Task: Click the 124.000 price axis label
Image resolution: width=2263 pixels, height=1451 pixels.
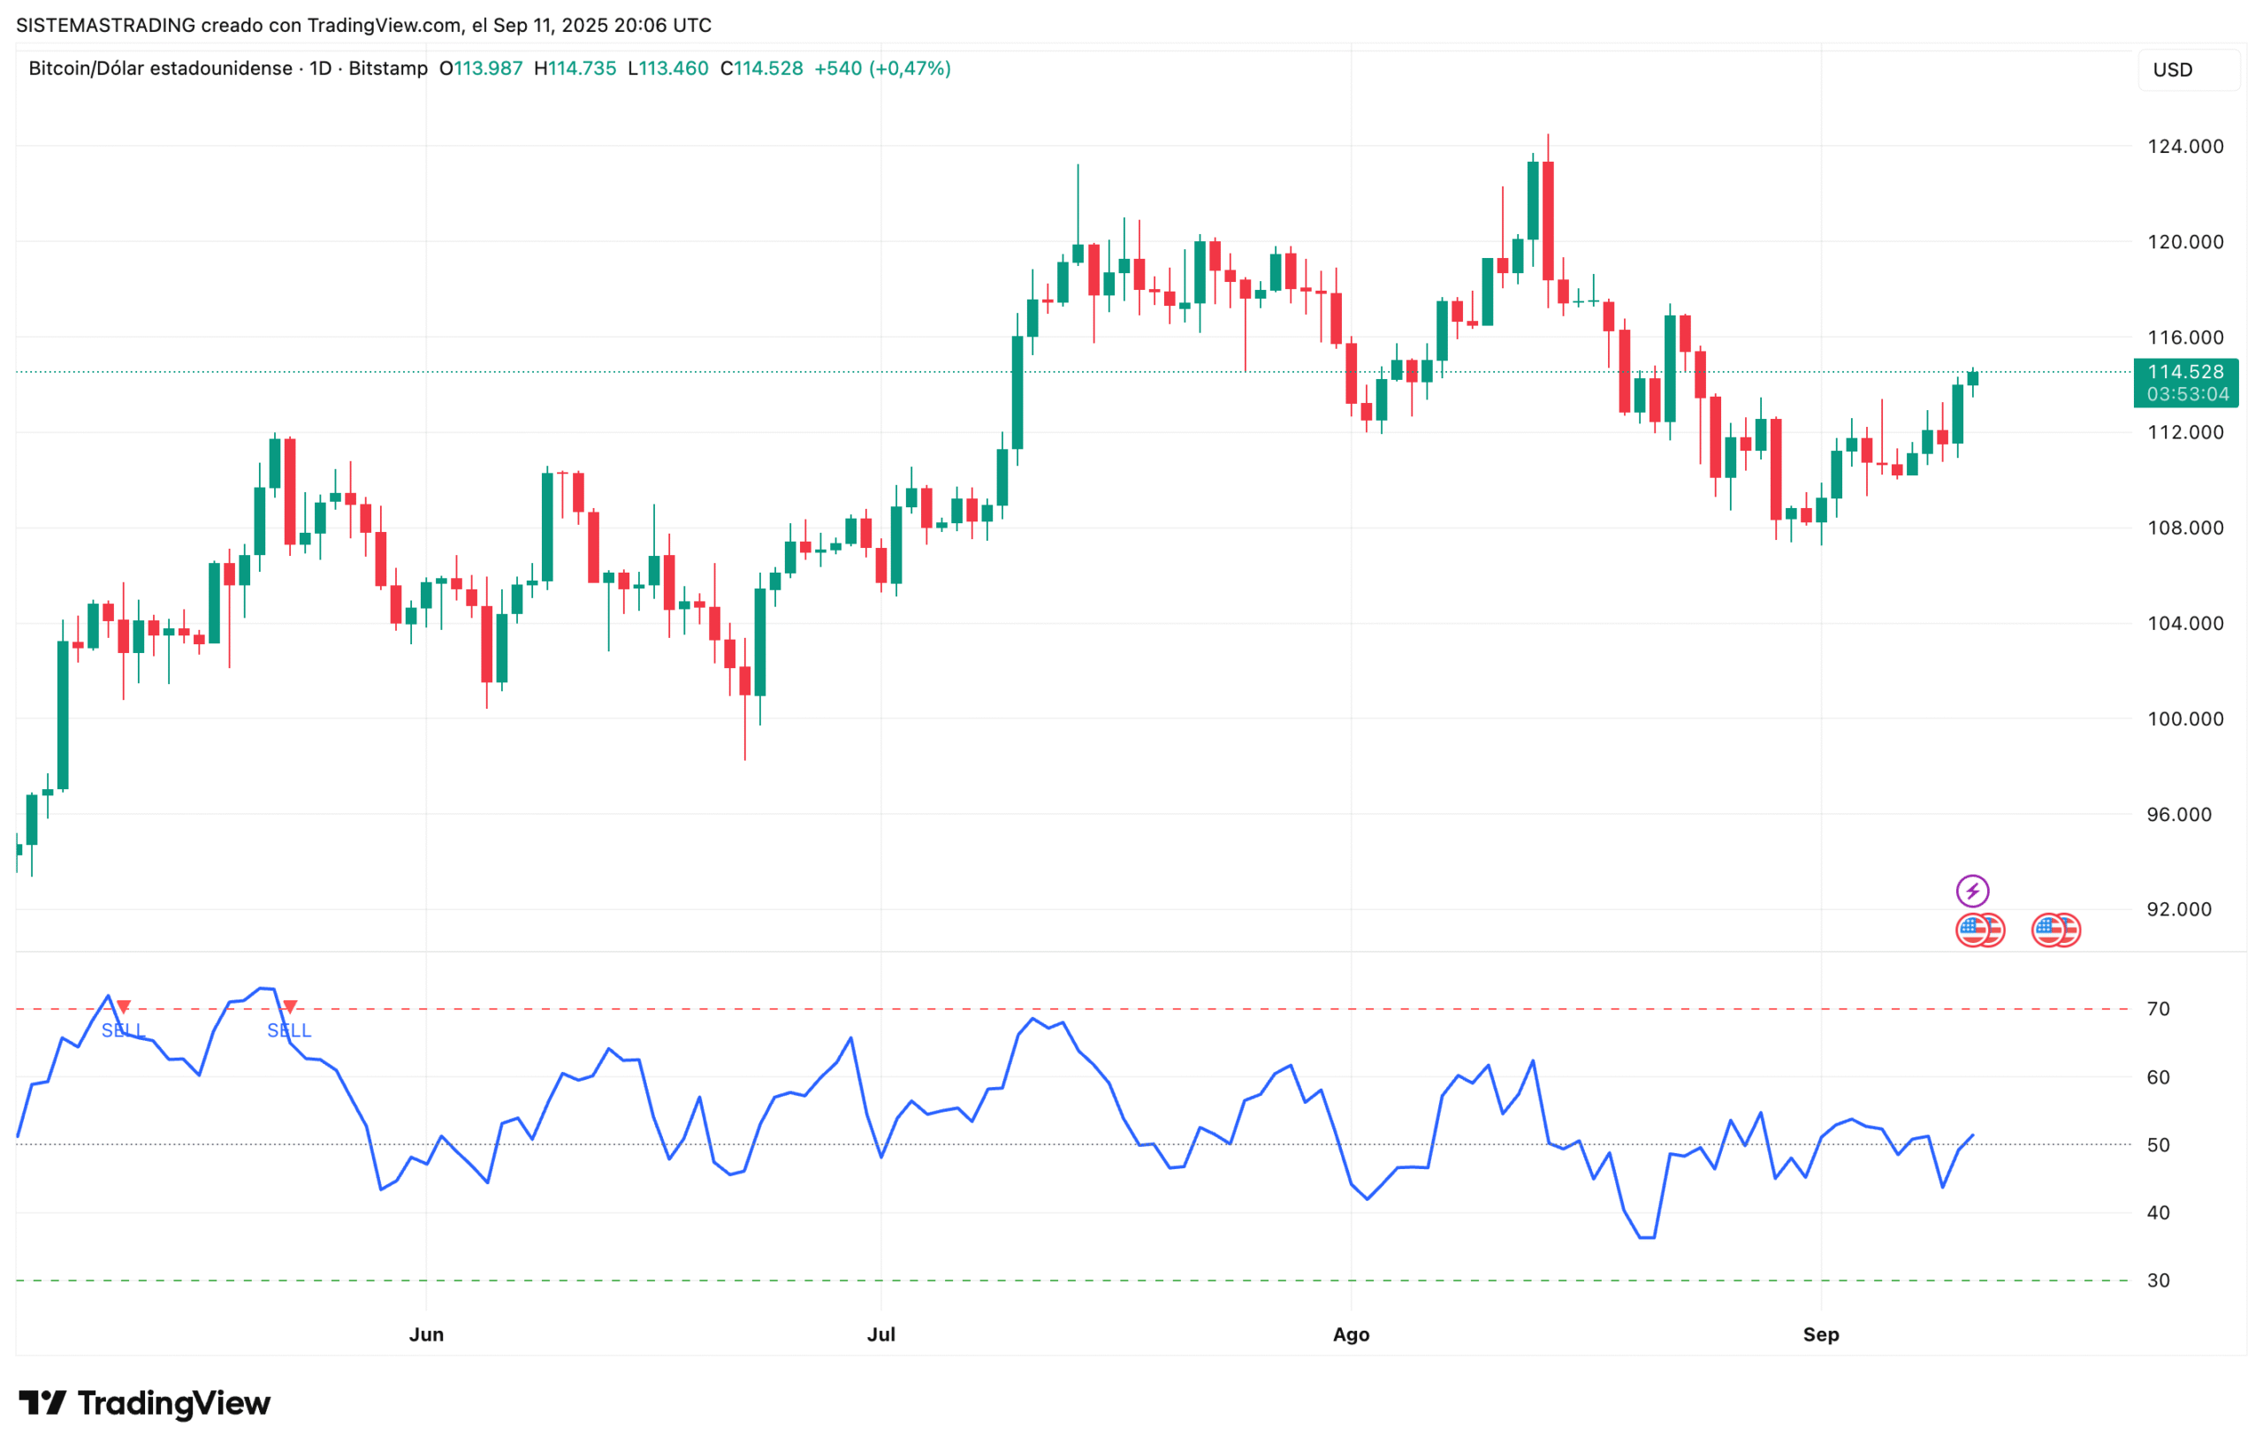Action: [2185, 146]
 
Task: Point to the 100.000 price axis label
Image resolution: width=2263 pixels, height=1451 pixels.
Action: [2185, 719]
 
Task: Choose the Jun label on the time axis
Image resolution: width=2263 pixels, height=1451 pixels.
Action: [426, 1334]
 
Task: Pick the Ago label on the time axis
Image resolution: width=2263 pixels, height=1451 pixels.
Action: [1351, 1334]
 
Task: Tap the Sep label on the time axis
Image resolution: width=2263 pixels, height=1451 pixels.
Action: [1820, 1334]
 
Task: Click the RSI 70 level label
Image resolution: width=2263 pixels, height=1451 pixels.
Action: [2158, 1009]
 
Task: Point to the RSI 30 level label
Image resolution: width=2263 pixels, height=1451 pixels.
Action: [2158, 1280]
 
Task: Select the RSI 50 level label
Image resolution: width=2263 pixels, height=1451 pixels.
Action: [2158, 1144]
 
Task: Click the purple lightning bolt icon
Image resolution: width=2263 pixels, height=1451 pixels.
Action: [1972, 891]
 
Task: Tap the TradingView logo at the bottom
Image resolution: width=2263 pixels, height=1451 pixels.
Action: [144, 1404]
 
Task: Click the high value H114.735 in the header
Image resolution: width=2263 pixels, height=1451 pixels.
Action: [575, 69]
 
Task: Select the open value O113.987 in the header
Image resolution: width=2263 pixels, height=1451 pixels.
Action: [481, 69]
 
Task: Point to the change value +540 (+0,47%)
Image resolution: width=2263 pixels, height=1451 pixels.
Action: [882, 69]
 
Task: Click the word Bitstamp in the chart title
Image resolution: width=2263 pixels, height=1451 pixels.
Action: [387, 69]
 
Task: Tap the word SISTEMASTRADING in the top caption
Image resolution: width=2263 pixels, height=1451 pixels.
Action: [105, 26]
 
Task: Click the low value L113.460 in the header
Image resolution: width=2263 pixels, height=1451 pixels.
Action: [667, 69]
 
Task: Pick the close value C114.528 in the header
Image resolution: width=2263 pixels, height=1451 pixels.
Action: [762, 69]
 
